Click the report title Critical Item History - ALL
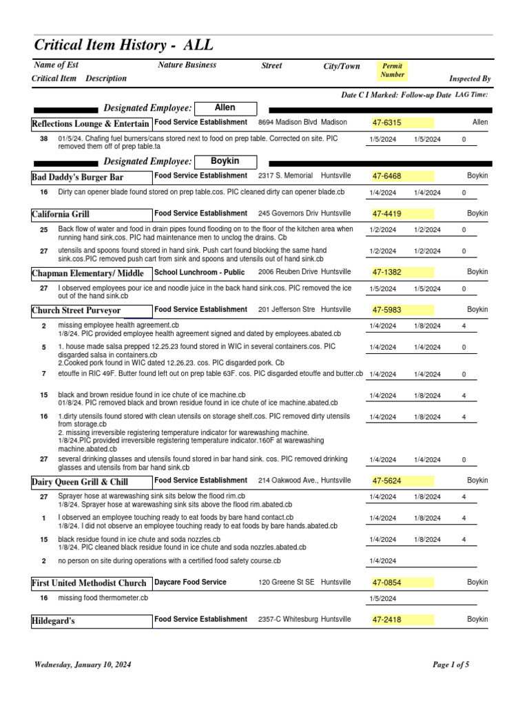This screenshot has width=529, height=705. (x=124, y=45)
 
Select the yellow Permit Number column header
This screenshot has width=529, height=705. (x=393, y=70)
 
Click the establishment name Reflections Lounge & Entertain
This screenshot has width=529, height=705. (x=91, y=124)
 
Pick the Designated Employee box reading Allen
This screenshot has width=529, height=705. (x=225, y=108)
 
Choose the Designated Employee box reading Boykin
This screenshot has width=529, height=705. (x=225, y=161)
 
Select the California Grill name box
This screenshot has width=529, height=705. (x=91, y=214)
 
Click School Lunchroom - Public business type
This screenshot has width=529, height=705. (x=200, y=272)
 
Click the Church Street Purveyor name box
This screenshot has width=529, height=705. (x=91, y=311)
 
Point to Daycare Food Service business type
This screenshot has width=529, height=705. (x=190, y=582)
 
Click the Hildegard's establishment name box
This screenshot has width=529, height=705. (x=91, y=620)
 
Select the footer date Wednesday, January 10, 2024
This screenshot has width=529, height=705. (x=83, y=665)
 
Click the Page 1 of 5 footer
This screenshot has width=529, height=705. (x=450, y=665)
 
